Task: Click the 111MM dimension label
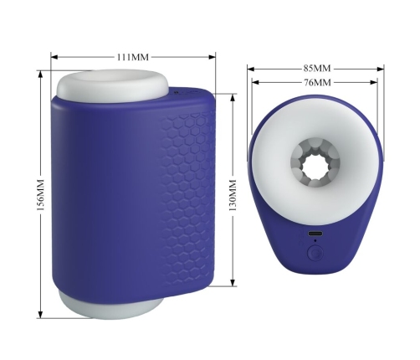pos(133,57)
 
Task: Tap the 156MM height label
pos(41,195)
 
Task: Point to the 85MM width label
pos(317,68)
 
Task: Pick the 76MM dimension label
pos(317,82)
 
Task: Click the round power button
pos(315,253)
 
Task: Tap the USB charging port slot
pos(315,234)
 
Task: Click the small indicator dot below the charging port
pos(315,240)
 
